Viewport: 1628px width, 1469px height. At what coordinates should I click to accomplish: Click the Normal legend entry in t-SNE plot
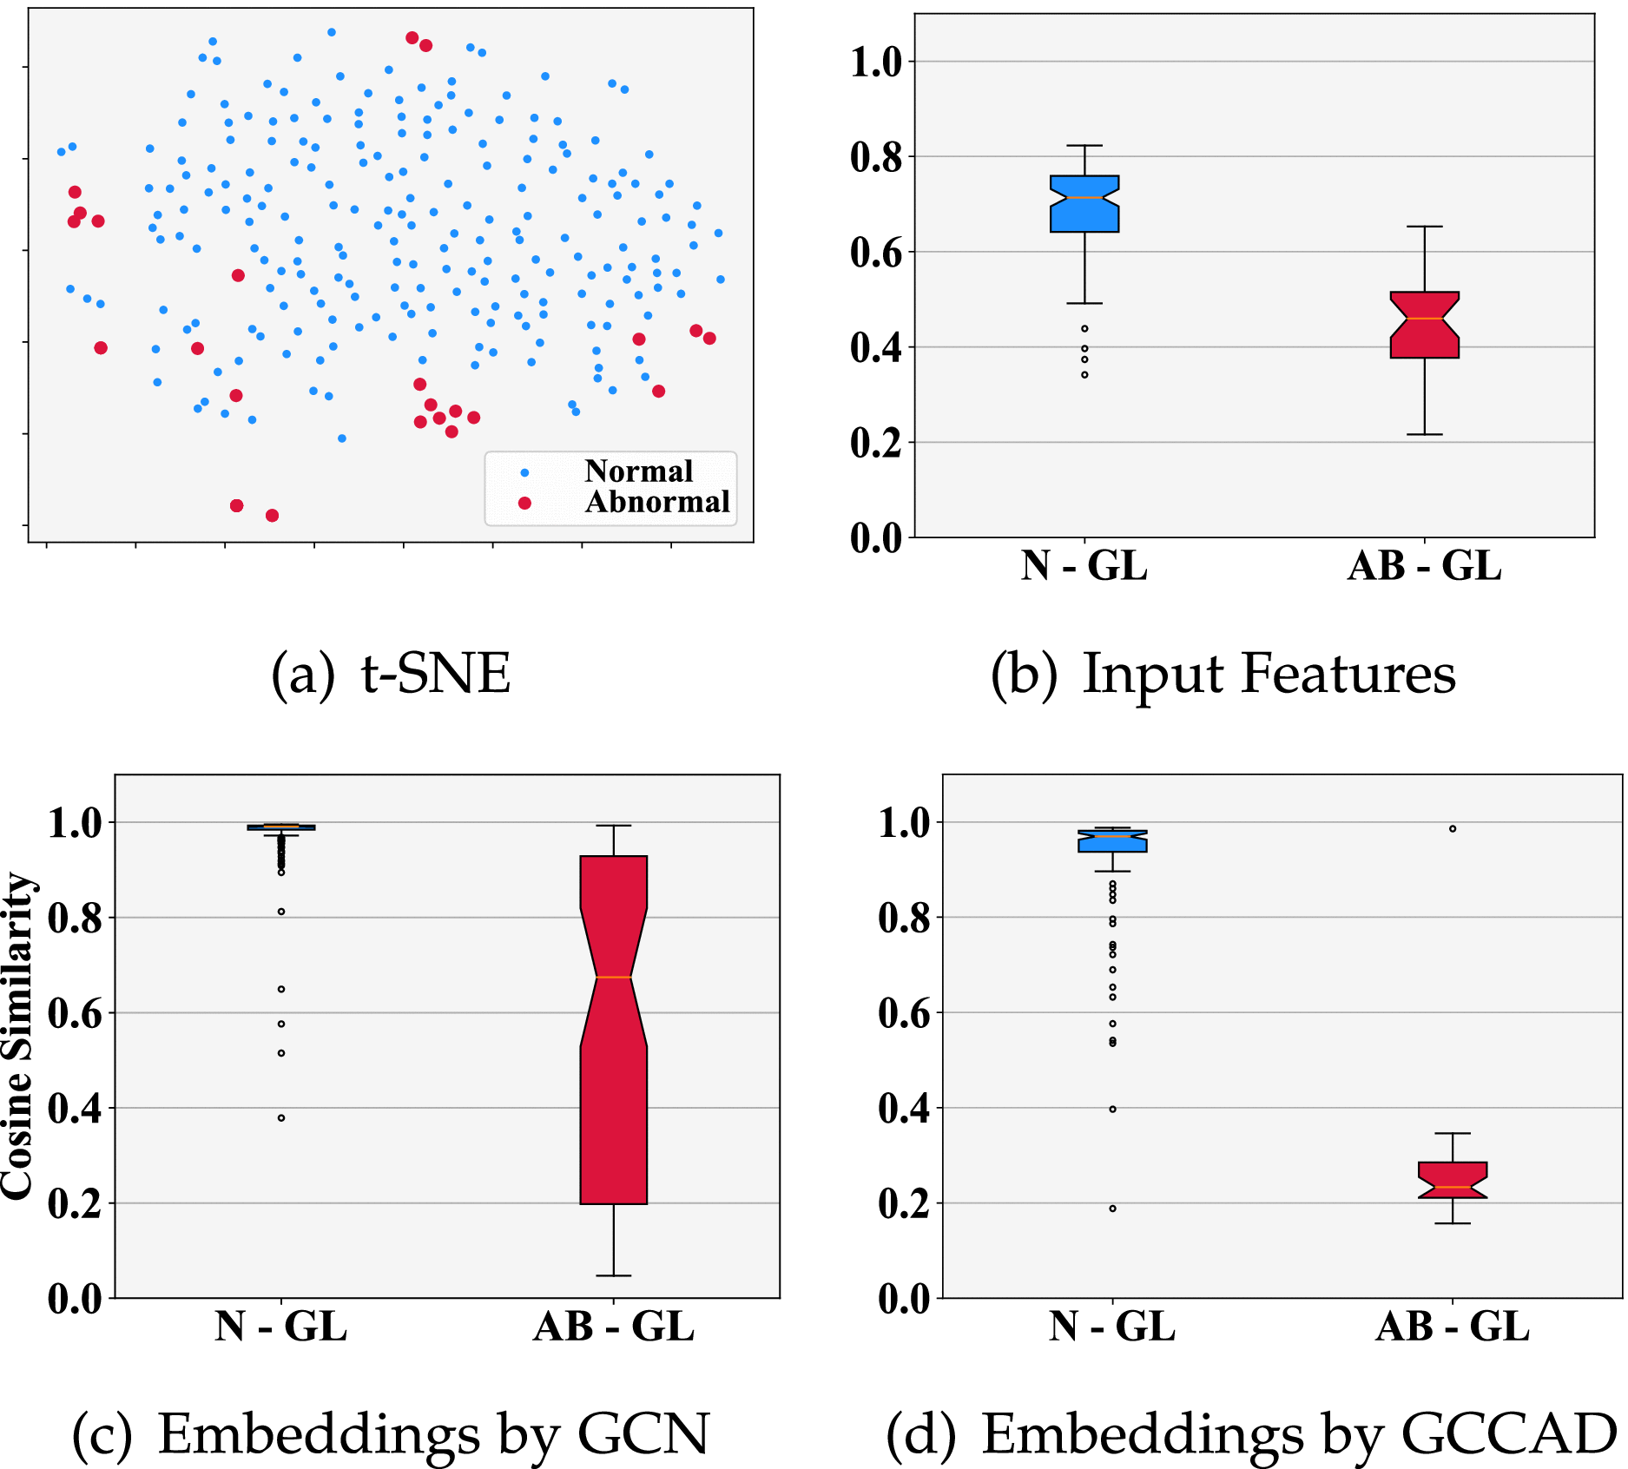coord(637,471)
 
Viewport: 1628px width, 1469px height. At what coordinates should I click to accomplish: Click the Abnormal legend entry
coord(656,503)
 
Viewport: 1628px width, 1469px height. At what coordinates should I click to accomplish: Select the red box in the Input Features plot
coord(1424,326)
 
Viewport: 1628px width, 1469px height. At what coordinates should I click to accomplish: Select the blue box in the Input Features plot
coord(1084,204)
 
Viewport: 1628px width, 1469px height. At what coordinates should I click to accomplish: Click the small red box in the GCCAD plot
coord(1453,1179)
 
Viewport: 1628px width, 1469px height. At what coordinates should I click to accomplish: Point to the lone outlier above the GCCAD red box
coord(1453,828)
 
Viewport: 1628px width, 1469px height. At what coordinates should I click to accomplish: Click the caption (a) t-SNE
coord(391,674)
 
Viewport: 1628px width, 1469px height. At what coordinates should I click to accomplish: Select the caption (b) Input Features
coord(1223,674)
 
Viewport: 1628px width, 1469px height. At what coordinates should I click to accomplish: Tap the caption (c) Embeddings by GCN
coord(391,1434)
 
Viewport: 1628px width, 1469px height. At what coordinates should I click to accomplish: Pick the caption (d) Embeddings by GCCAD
coord(1250,1434)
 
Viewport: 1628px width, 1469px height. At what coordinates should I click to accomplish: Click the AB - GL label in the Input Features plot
coord(1424,566)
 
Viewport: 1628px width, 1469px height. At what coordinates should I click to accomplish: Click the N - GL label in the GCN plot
coord(280,1327)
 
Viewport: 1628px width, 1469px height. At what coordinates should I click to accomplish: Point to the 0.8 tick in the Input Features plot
coord(876,157)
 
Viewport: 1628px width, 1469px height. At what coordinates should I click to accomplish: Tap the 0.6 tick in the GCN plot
coord(75,1013)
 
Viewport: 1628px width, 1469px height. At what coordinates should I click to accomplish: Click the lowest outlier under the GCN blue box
coord(281,1117)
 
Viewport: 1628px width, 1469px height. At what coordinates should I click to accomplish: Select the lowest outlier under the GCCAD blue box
coord(1112,1208)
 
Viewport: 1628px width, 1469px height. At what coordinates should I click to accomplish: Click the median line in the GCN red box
coord(613,978)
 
